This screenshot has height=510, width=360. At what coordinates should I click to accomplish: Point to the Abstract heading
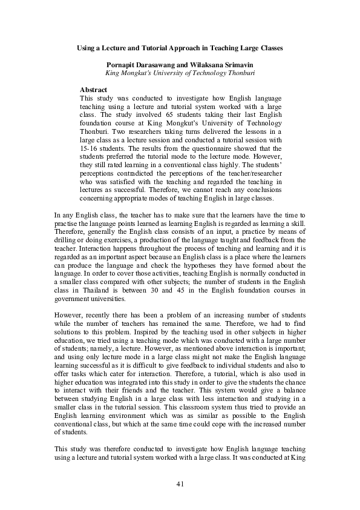93,89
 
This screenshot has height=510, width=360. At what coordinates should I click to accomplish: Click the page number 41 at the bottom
180,483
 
